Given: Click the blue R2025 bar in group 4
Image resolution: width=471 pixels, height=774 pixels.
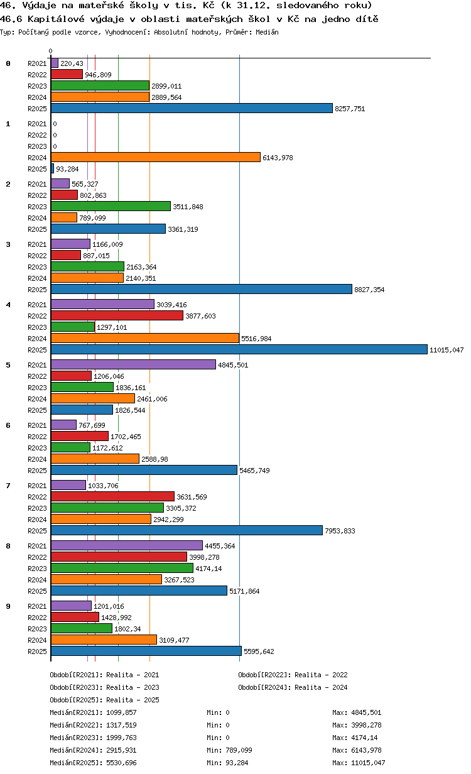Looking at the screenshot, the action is click(239, 350).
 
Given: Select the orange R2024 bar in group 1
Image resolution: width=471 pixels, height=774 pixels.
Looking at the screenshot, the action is click(155, 157).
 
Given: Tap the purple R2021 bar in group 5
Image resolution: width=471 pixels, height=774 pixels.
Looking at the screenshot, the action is click(133, 364).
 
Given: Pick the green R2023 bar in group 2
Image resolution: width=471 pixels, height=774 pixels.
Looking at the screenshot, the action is click(111, 206).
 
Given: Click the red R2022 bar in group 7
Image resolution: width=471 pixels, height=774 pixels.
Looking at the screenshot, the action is click(112, 496).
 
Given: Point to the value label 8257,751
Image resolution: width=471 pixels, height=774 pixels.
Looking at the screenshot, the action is click(350, 109).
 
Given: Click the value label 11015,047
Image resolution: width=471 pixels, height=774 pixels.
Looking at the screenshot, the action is click(447, 350).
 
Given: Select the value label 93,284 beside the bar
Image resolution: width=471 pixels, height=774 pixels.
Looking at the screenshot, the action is click(67, 169).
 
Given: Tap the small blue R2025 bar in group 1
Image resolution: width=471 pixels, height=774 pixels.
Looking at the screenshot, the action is click(53, 168).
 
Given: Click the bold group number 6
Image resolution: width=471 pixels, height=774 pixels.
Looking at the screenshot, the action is click(8, 425).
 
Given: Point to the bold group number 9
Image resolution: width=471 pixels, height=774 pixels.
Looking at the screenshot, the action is click(8, 606).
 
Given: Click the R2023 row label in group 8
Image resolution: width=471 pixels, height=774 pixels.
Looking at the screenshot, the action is click(37, 569).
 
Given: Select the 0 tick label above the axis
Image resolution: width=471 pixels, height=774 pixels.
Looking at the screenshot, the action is click(50, 51).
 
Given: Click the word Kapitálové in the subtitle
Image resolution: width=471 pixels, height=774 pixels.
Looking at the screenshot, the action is click(56, 19).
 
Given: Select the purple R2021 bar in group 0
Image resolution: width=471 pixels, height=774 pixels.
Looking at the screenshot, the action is click(55, 63).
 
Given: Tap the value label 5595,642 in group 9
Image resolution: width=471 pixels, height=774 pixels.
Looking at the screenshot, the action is click(259, 651).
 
